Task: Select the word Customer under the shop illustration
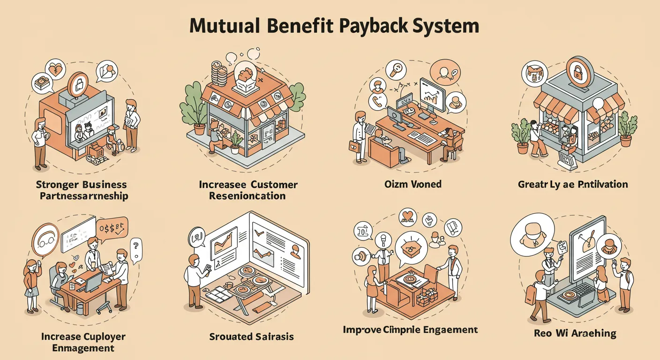click(273, 184)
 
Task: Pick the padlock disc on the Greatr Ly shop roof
click(579, 71)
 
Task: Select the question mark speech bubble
click(136, 245)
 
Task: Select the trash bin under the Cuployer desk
click(80, 308)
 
